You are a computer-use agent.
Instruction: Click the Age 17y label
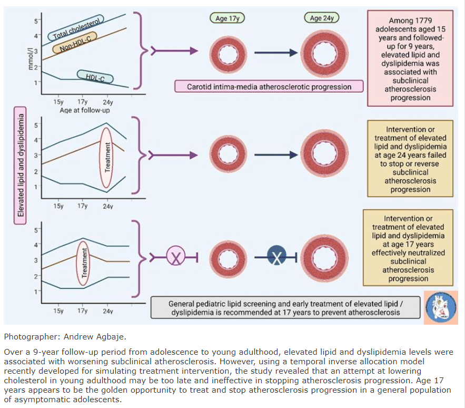pyautogui.click(x=227, y=18)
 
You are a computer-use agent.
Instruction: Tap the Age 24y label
pyautogui.click(x=321, y=18)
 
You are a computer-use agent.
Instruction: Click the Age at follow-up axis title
pyautogui.click(x=84, y=110)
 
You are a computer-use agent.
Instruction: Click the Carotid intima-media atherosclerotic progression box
pyautogui.click(x=269, y=86)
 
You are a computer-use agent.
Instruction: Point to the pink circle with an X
pyautogui.click(x=176, y=257)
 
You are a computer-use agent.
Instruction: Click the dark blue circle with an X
pyautogui.click(x=277, y=257)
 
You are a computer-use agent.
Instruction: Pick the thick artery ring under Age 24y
pyautogui.click(x=322, y=53)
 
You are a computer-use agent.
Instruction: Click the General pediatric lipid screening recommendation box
pyautogui.click(x=285, y=308)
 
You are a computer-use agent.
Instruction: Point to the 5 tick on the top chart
pyautogui.click(x=36, y=21)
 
